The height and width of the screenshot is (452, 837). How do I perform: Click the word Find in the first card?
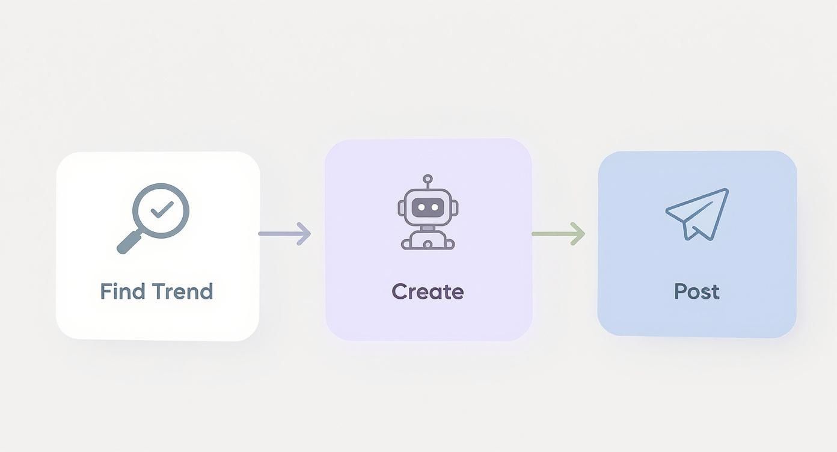(123, 292)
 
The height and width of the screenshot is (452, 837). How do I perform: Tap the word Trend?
(183, 292)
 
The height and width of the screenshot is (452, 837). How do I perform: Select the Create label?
(428, 292)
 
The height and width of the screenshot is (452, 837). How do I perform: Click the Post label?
(697, 292)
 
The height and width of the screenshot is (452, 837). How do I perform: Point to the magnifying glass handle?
(129, 242)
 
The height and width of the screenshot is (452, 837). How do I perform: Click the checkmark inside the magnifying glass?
(162, 210)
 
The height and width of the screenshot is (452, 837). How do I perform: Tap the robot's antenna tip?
(428, 179)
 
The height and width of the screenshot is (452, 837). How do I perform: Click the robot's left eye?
(421, 207)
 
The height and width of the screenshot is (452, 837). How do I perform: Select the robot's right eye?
(435, 207)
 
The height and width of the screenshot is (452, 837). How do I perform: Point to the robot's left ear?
(401, 208)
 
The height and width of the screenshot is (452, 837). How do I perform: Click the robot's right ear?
(455, 208)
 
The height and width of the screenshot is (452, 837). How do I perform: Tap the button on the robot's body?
(428, 245)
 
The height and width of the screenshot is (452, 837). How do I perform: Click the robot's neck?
(428, 228)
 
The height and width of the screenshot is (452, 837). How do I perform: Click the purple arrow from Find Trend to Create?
(284, 234)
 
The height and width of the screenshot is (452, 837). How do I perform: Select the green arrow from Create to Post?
(558, 234)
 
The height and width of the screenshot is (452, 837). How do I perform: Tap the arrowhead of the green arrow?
(579, 234)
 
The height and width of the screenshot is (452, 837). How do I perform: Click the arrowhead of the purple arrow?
(304, 234)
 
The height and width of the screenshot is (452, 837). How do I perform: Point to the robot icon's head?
(428, 207)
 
